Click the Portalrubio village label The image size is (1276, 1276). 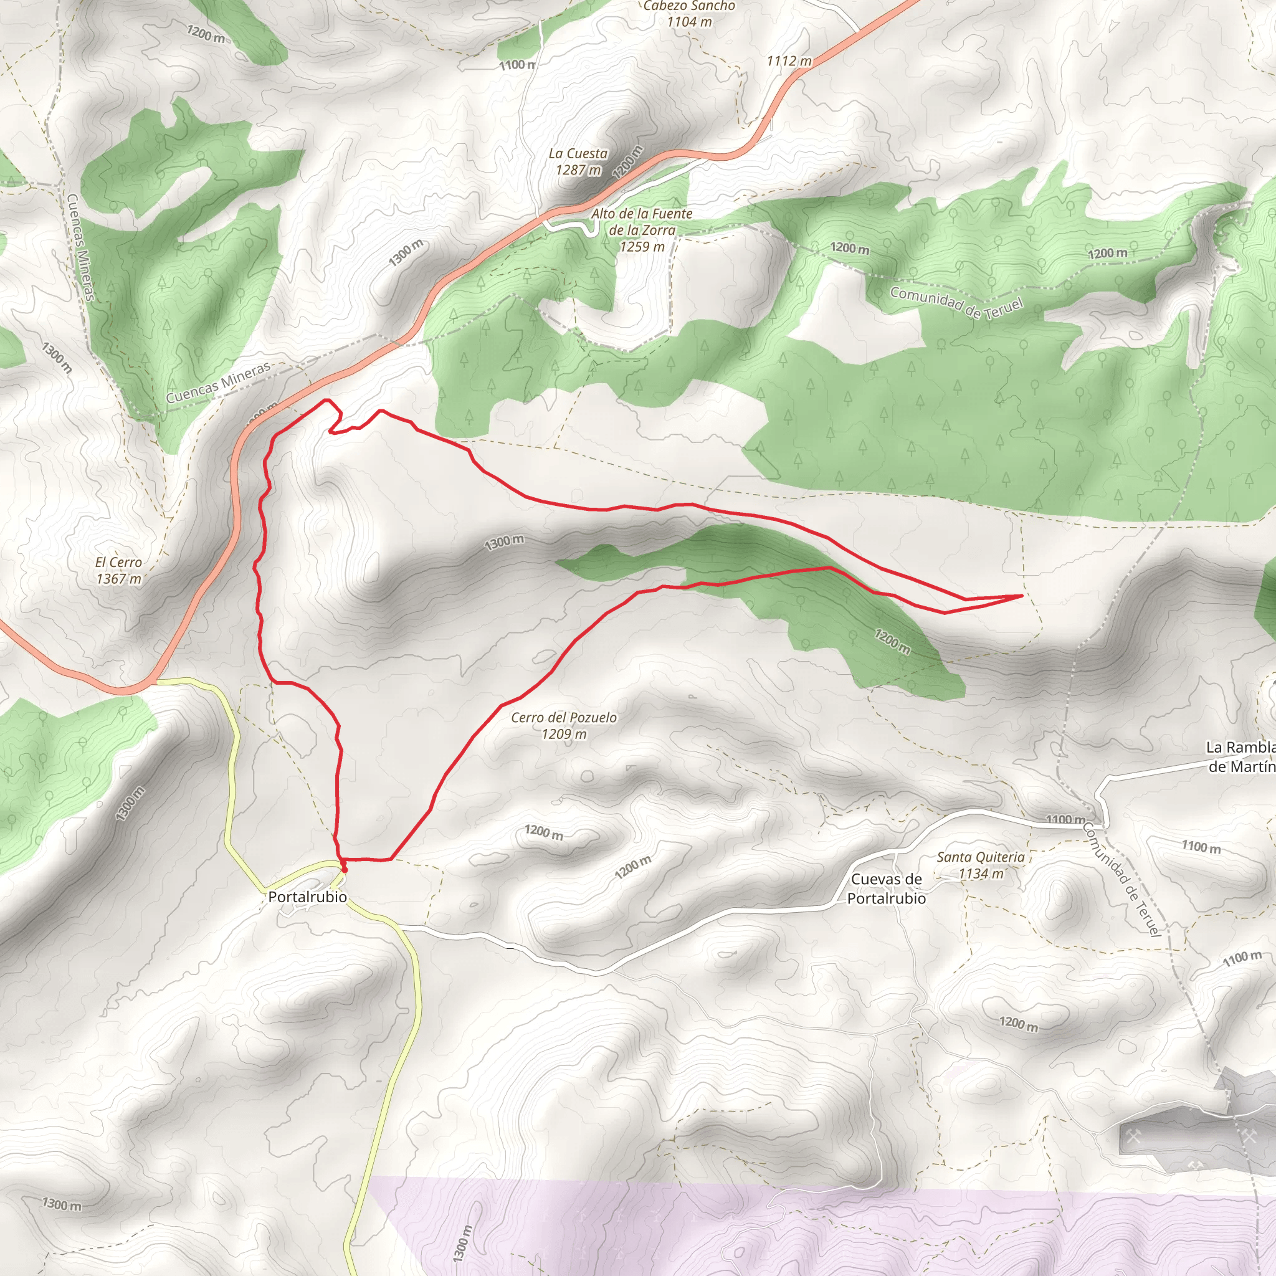[307, 897]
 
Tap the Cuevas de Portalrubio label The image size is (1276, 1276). [887, 888]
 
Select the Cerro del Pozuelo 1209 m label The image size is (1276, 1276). [563, 725]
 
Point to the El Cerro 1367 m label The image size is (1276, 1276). [119, 570]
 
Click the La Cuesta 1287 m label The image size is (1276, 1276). [578, 161]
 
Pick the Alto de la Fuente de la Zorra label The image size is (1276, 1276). [641, 230]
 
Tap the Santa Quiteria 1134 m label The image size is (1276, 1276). [980, 865]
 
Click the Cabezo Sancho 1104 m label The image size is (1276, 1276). [689, 13]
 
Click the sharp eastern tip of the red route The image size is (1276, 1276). [1022, 596]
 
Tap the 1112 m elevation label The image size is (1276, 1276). [789, 61]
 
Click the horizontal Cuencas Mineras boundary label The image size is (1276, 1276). [218, 383]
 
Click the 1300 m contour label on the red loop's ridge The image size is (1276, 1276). [504, 542]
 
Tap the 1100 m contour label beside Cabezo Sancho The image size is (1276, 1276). [517, 65]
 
